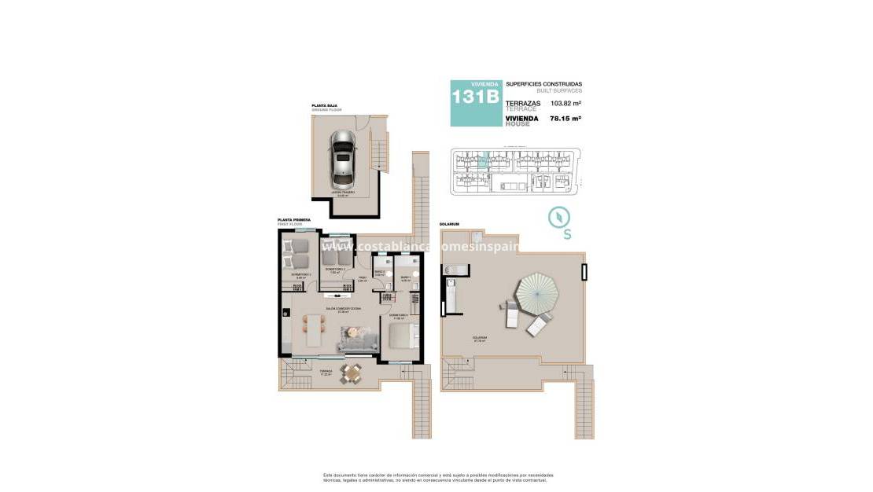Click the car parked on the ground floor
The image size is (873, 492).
point(343,157)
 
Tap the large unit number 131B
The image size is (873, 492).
point(475,97)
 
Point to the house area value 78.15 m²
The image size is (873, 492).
point(565,119)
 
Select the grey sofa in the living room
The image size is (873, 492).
point(356,339)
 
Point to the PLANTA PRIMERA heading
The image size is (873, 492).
point(293,220)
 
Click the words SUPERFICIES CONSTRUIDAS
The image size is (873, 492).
point(543,84)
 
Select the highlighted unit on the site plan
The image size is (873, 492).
point(485,162)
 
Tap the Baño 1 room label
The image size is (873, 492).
point(406,277)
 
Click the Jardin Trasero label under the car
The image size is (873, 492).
point(343,192)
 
